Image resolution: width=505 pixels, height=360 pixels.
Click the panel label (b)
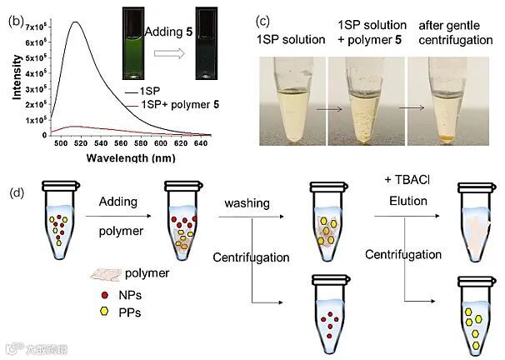[x=14, y=17]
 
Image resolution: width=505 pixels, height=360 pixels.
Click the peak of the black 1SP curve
[x=77, y=22]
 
